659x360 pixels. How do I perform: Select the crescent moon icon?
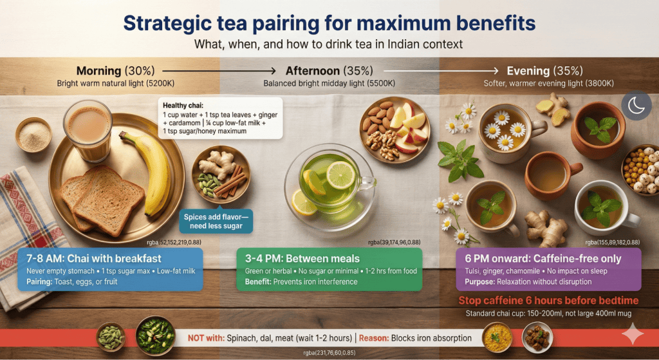pyautogui.click(x=636, y=106)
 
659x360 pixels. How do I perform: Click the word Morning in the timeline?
pyautogui.click(x=98, y=71)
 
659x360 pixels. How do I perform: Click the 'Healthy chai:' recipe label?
pyautogui.click(x=183, y=106)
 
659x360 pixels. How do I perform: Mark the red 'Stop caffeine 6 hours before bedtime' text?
pyautogui.click(x=548, y=301)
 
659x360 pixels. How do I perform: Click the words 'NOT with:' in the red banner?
pyautogui.click(x=206, y=337)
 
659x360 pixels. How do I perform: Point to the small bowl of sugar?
pyautogui.click(x=33, y=135)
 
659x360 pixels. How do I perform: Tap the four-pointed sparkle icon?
pyautogui.click(x=633, y=335)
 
